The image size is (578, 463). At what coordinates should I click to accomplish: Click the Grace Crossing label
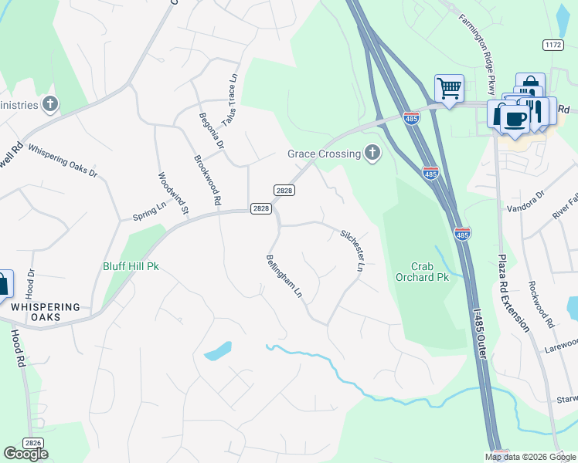[325, 154]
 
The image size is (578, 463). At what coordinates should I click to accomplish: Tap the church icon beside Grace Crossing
[372, 153]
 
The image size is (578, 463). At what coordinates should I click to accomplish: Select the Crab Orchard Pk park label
[422, 271]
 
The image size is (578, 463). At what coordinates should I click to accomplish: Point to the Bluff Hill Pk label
[131, 266]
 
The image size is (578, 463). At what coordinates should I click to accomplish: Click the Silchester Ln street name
[352, 249]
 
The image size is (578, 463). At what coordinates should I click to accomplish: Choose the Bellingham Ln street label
[283, 276]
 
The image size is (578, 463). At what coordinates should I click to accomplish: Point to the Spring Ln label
[150, 211]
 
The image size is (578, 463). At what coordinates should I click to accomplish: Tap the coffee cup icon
[514, 118]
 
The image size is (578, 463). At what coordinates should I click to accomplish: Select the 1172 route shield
[552, 46]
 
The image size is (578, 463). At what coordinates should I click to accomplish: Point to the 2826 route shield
[32, 442]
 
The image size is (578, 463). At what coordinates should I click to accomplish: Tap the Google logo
[25, 454]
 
